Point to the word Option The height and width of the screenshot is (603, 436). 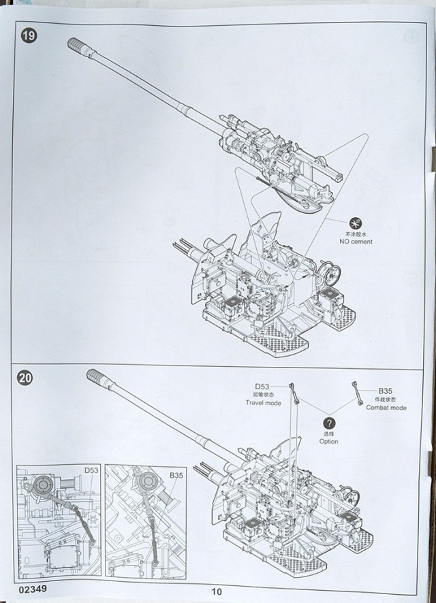[328, 441]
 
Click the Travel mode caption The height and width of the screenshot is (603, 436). [263, 403]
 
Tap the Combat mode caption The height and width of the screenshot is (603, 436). [386, 408]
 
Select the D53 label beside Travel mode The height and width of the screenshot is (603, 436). [262, 387]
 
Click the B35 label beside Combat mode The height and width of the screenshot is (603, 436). [386, 391]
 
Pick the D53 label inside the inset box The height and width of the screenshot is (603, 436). [91, 470]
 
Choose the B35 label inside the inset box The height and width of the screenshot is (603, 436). [177, 474]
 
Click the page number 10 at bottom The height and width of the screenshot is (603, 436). [217, 591]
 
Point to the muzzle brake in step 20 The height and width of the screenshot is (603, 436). [98, 378]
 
